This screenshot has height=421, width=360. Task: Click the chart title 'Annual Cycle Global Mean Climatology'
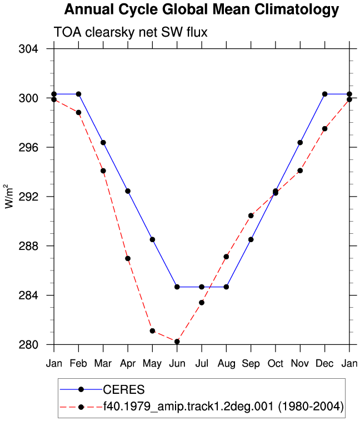[x=202, y=9]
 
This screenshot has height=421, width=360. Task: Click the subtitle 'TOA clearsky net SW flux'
[x=131, y=32]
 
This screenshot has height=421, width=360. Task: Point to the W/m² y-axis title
[x=9, y=196]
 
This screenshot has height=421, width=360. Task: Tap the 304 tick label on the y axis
[x=28, y=49]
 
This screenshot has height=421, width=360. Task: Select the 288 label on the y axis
[x=28, y=246]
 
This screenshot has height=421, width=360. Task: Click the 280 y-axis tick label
[x=28, y=344]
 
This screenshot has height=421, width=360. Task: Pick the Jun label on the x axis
[x=177, y=364]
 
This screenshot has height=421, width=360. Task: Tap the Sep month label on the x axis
[x=251, y=364]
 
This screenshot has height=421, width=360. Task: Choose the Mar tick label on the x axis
[x=103, y=364]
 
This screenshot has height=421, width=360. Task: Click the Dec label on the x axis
[x=324, y=364]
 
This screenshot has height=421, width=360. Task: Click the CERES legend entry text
[x=124, y=389]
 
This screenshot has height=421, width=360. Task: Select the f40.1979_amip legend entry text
[x=223, y=407]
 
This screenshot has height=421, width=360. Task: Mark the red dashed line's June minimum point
[x=177, y=342]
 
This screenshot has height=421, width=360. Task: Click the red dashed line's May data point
[x=152, y=331]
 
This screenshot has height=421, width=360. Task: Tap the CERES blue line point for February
[x=78, y=94]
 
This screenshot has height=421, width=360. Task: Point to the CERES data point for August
[x=226, y=287]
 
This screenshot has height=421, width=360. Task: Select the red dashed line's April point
[x=128, y=259]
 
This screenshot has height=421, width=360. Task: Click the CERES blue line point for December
[x=324, y=94]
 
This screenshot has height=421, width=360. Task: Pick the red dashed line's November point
[x=300, y=171]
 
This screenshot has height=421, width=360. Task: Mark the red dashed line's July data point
[x=202, y=303]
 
